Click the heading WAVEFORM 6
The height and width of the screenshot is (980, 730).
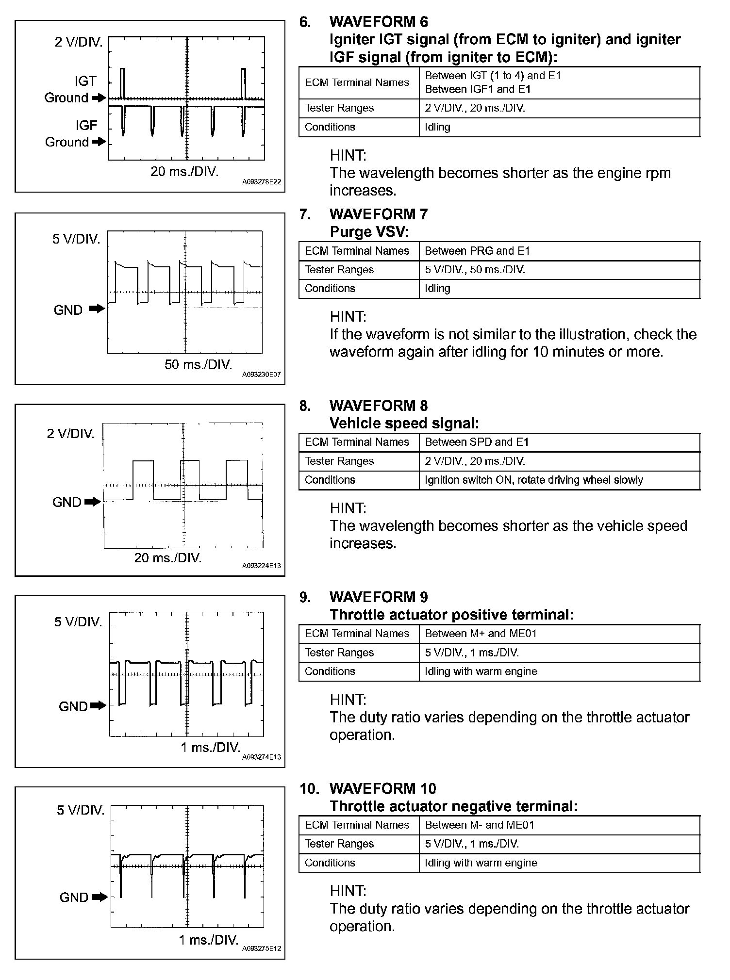coord(379,22)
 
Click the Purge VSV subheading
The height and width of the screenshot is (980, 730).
coord(369,232)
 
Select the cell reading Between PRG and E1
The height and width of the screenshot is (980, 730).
coord(477,251)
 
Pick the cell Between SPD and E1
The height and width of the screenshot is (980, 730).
coord(477,442)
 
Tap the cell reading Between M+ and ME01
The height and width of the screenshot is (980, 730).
coord(481,634)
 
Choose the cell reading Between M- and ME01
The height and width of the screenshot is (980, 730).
coord(480,825)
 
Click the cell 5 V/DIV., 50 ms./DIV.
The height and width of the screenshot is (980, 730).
coord(475,270)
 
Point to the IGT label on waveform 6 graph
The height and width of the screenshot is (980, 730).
coord(85,81)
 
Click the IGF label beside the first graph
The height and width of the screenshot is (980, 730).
coord(86,125)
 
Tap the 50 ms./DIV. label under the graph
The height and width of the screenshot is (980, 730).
coord(198,364)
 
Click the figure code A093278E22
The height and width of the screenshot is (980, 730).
coord(261,182)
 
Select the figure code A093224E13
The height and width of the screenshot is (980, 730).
coord(261,566)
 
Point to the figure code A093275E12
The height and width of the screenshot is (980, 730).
coord(261,948)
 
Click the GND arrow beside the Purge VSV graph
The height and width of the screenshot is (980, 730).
coord(97,309)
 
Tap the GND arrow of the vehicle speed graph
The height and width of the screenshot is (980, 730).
coord(92,502)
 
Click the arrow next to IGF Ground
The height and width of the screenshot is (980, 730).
coord(99,142)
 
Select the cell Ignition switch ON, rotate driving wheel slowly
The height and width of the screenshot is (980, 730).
coord(534,480)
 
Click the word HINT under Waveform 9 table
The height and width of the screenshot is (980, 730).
coord(348,700)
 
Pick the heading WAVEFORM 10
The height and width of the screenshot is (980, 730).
coord(382,788)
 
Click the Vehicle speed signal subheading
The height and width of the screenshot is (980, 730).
coord(404,424)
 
